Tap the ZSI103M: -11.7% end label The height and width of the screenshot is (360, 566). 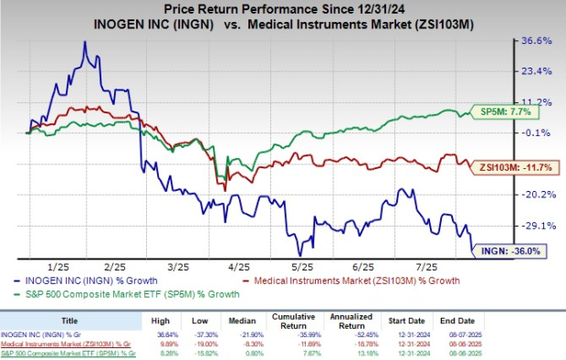[x=512, y=166]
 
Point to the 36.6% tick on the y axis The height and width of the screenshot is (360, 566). [x=537, y=41]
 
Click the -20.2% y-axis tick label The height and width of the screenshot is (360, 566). [x=537, y=195]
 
